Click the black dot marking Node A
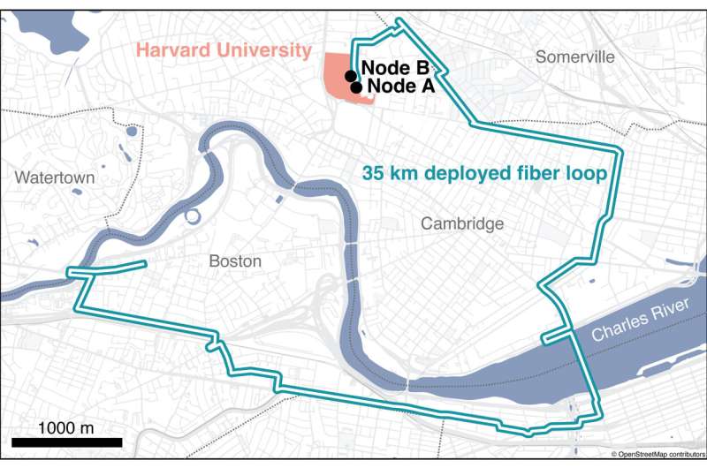pos(356,87)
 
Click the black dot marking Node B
pos(351,76)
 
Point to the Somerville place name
pos(574,57)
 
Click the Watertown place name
pos(54,177)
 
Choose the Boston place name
pos(235,261)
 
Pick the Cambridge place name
pos(462,223)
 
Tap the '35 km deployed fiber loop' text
pos(484,174)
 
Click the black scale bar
pos(66,442)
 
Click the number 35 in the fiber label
pos(374,174)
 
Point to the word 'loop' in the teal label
pos(589,174)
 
